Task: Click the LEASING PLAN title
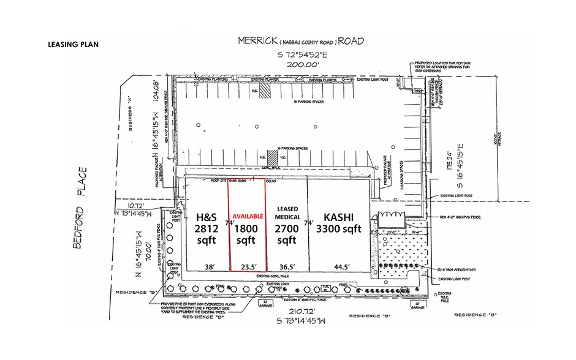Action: [73, 45]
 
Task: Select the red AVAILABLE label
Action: [248, 216]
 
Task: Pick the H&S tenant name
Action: [206, 217]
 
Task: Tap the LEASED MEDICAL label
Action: [286, 214]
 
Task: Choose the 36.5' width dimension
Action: [287, 266]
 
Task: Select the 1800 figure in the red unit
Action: [247, 228]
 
